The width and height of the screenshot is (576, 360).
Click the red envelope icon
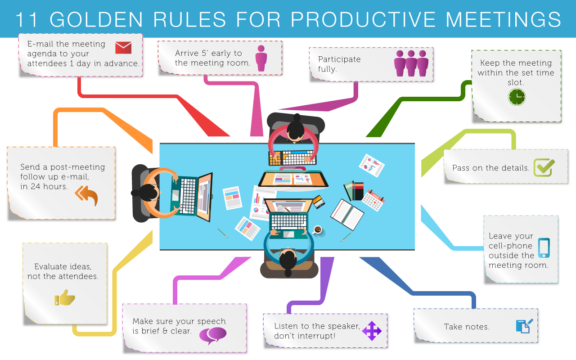pyautogui.click(x=123, y=48)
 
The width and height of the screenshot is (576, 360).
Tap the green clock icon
pyautogui.click(x=517, y=97)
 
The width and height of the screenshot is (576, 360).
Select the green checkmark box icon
pyautogui.click(x=544, y=167)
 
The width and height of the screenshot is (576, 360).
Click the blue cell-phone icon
pyautogui.click(x=544, y=248)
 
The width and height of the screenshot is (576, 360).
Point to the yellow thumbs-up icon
pyautogui.click(x=64, y=298)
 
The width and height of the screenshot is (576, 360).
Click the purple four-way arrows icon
pyautogui.click(x=372, y=331)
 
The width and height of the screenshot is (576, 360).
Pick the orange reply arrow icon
pyautogui.click(x=87, y=195)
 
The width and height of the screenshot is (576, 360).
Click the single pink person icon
pyautogui.click(x=261, y=58)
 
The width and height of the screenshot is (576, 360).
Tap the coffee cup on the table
pyautogui.click(x=318, y=229)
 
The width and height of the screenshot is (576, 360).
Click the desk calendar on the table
pyautogui.click(x=373, y=200)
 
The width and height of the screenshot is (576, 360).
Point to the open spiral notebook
pyautogui.click(x=347, y=214)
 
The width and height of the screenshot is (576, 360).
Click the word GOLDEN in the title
pyautogui.click(x=96, y=19)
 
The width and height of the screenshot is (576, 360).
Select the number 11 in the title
pyautogui.click(x=27, y=19)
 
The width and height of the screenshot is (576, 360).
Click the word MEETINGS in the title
pyautogui.click(x=503, y=19)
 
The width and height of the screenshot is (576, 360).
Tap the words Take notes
pyautogui.click(x=467, y=327)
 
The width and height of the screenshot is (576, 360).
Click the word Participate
pyautogui.click(x=339, y=59)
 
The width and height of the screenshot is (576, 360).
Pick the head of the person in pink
pyautogui.click(x=296, y=130)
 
